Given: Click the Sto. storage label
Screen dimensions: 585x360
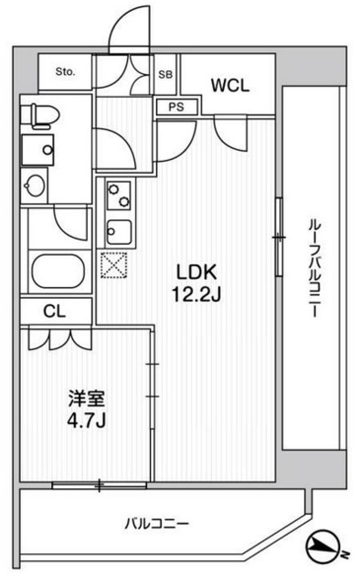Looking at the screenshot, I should click(x=65, y=71).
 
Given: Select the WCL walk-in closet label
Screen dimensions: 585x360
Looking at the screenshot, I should click(x=229, y=86).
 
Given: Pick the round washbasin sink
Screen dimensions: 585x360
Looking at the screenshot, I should click(x=36, y=186).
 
